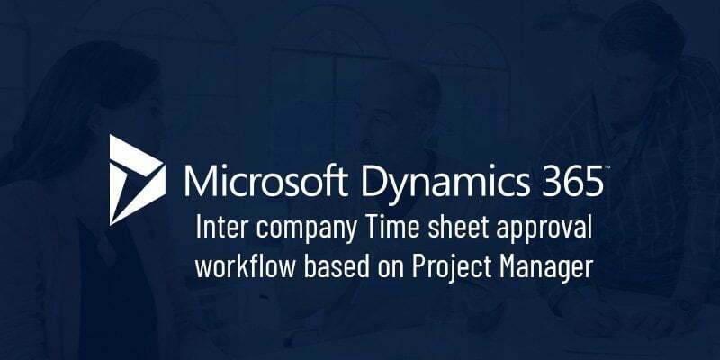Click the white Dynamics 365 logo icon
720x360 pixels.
pyautogui.click(x=137, y=180)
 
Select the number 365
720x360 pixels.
pyautogui.click(x=571, y=181)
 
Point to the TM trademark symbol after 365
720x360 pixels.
pyautogui.click(x=607, y=166)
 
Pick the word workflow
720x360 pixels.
pyautogui.click(x=245, y=266)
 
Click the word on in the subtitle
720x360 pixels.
pyautogui.click(x=390, y=269)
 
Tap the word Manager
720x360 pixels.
pyautogui.click(x=545, y=268)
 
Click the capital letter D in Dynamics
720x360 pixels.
pyautogui.click(x=374, y=181)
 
